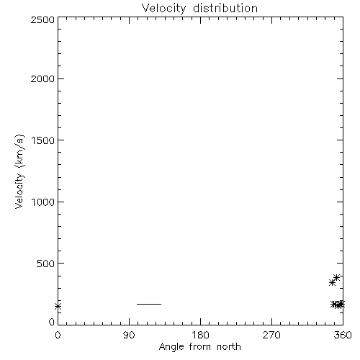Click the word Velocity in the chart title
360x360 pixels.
[x=164, y=8]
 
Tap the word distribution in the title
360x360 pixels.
[x=225, y=8]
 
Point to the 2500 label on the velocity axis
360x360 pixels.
[x=42, y=19]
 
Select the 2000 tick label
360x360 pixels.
[x=42, y=78]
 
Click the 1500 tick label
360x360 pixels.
[x=43, y=140]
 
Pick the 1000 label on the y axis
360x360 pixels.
[x=43, y=202]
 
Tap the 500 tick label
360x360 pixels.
[x=46, y=264]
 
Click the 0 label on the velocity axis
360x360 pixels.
[x=52, y=322]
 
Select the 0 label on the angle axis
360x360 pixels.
[x=58, y=335]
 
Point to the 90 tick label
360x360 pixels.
[x=129, y=335]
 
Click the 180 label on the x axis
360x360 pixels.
[x=200, y=335]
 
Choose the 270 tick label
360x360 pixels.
[x=271, y=335]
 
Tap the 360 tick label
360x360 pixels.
[x=343, y=335]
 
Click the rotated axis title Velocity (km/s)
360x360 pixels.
[x=19, y=171]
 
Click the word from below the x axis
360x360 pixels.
[x=200, y=346]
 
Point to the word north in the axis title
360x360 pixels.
[x=229, y=346]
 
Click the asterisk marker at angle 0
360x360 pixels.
[x=58, y=306]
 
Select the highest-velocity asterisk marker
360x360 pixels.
[x=336, y=277]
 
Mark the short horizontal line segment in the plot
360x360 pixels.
[x=149, y=304]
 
